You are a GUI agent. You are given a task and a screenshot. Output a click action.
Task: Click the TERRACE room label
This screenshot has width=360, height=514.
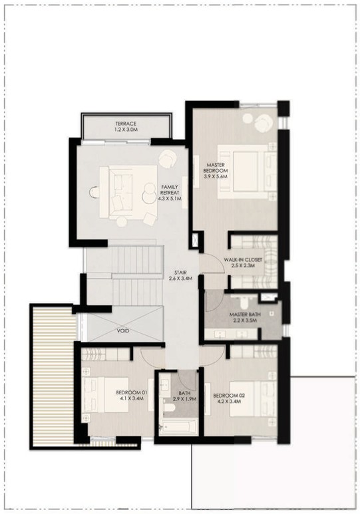126,124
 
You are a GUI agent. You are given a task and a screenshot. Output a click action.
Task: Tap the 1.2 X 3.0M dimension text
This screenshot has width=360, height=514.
126,130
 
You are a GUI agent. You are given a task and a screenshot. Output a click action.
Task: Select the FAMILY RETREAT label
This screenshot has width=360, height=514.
170,190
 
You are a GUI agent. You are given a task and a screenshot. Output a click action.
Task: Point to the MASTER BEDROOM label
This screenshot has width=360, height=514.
216,168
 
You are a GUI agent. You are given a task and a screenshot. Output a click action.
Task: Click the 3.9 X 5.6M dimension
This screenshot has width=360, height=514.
216,176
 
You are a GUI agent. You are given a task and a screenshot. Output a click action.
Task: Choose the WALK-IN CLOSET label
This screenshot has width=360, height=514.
243,260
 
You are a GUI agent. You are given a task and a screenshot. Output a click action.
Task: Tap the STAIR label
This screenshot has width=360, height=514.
180,273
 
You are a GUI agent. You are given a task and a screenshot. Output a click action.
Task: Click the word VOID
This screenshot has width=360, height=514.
123,330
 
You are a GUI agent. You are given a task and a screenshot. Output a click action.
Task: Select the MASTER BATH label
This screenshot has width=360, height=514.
245,315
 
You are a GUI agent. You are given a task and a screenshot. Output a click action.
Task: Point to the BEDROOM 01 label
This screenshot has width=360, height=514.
132,393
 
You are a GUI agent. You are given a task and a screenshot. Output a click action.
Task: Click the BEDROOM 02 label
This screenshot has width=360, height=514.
229,396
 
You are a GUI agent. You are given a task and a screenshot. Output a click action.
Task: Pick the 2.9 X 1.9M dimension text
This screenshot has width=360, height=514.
185,399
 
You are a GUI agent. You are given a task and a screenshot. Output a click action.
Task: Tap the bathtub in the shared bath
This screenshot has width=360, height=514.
178,427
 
